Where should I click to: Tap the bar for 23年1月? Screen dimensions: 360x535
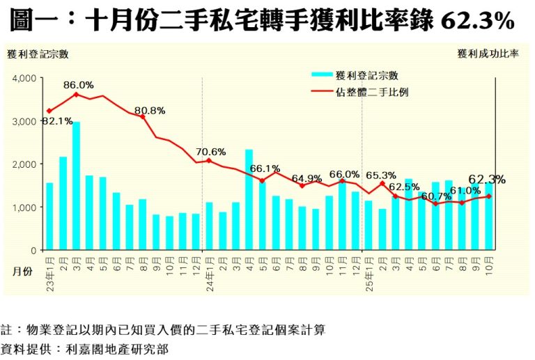click(49, 216)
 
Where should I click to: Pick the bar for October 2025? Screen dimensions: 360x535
click(488, 216)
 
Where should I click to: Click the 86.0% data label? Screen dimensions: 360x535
click(77, 85)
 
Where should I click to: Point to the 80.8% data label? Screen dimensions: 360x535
click(150, 110)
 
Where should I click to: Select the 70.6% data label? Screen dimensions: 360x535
click(211, 151)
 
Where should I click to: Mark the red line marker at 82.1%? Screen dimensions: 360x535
click(49, 111)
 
